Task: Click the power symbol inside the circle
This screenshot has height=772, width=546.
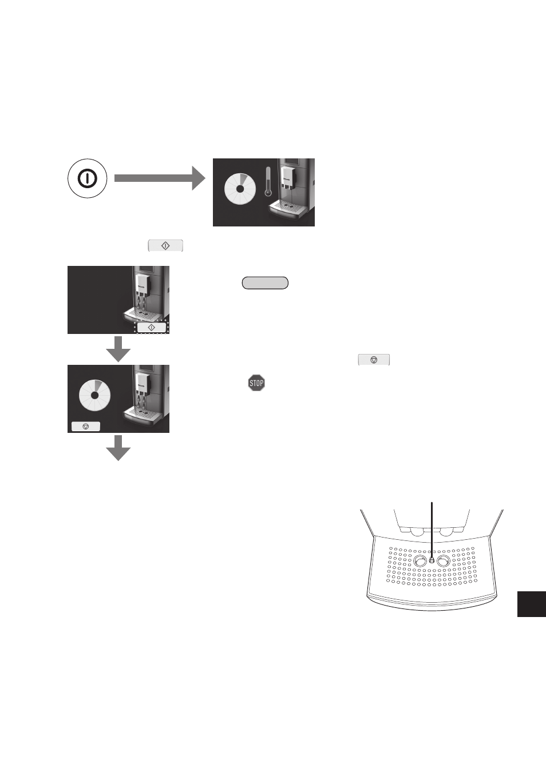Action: click(87, 178)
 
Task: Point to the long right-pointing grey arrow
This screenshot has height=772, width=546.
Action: click(160, 178)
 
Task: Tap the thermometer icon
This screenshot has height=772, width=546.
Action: click(268, 182)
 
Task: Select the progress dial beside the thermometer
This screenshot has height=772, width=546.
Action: click(240, 189)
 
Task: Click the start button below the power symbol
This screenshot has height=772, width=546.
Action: click(165, 246)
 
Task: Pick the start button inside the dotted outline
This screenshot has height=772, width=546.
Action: click(152, 328)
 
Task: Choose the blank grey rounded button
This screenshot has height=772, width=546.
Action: click(265, 283)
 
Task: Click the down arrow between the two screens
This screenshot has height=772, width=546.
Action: click(118, 349)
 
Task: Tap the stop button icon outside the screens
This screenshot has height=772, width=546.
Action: click(374, 360)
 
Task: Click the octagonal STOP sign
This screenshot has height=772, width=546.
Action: click(256, 383)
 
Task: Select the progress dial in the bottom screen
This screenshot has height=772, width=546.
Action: click(95, 396)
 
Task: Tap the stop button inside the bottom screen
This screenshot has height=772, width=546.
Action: click(86, 427)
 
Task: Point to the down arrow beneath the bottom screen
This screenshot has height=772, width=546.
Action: click(118, 448)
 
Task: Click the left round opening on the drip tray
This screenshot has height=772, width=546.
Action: click(420, 561)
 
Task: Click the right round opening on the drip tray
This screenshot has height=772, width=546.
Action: click(444, 561)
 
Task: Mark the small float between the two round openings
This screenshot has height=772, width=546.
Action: click(432, 561)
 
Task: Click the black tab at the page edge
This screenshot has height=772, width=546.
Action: click(532, 604)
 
